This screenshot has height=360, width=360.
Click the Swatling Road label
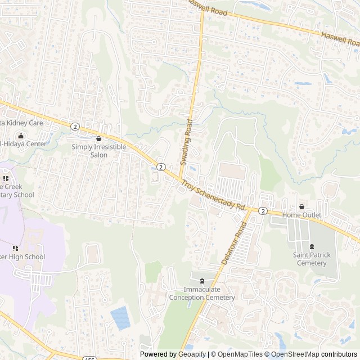186,142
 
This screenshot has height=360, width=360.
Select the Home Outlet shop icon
301,206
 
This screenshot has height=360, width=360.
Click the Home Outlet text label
301,215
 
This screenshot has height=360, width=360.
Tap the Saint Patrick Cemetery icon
311,246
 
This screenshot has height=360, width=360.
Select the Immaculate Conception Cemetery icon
202,281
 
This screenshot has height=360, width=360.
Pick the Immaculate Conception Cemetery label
202,294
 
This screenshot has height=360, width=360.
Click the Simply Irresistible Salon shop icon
99,138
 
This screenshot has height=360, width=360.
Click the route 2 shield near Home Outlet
263,210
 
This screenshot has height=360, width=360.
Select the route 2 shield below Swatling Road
161,167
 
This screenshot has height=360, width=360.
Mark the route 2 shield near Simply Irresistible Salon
75,125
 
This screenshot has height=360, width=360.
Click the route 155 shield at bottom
90,357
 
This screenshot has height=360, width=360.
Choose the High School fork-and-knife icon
15,247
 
